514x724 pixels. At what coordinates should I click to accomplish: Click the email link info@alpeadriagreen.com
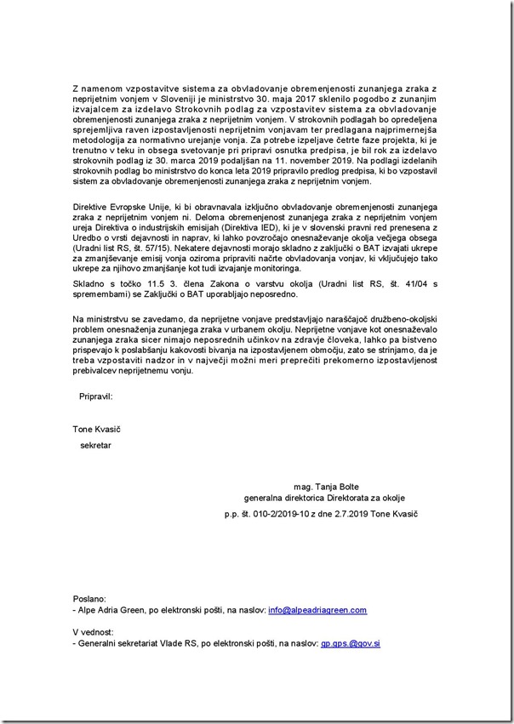tap(317, 610)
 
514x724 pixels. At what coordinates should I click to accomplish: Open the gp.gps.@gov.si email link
tap(350, 643)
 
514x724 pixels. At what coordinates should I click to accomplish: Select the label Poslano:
tap(89, 599)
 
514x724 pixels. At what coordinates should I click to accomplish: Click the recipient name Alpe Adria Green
tap(111, 610)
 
